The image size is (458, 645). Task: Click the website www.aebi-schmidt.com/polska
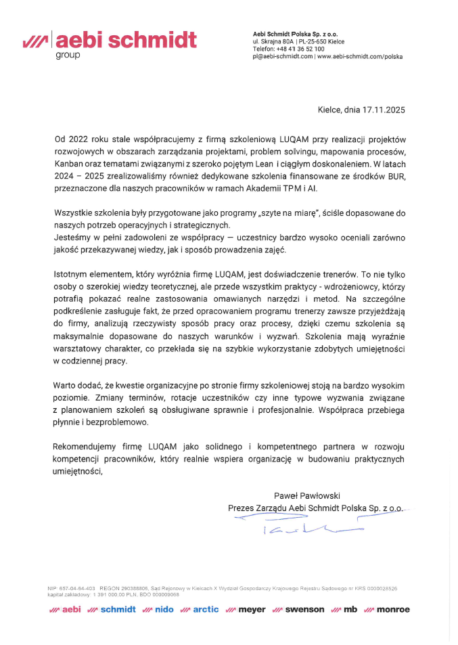click(x=360, y=57)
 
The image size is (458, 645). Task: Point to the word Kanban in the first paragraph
click(x=70, y=164)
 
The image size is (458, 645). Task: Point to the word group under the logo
click(x=68, y=54)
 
